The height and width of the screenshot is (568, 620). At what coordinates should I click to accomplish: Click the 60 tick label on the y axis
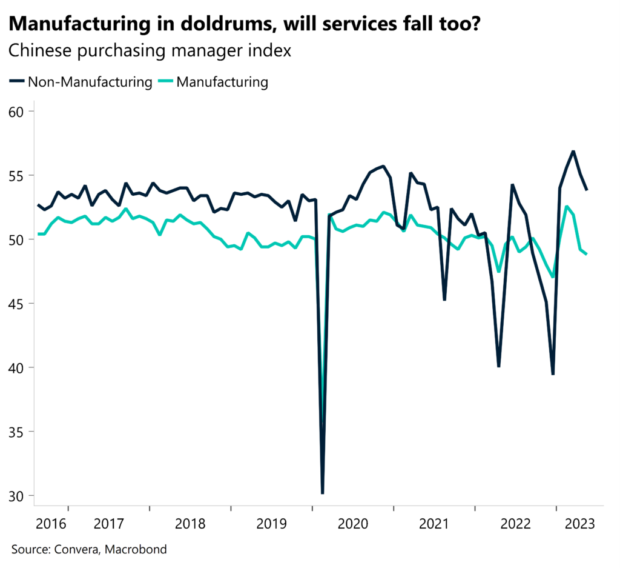(x=18, y=112)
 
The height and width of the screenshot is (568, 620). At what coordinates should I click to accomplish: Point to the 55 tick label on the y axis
(x=18, y=176)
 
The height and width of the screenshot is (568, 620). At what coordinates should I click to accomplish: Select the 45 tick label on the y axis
(x=18, y=304)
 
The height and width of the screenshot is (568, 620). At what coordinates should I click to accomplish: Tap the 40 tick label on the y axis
(x=18, y=368)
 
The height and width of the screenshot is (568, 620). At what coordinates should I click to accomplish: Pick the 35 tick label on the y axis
(x=18, y=432)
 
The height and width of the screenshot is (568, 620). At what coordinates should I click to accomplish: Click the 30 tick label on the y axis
(x=18, y=496)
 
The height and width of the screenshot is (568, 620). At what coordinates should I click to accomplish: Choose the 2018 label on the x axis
(x=190, y=523)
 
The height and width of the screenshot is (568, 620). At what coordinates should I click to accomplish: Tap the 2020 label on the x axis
(x=353, y=523)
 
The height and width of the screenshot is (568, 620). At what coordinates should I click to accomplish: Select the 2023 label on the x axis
(x=579, y=523)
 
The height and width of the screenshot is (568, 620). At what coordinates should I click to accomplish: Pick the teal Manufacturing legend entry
(x=222, y=82)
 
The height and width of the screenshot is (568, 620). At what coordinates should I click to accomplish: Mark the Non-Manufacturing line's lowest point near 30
(x=323, y=493)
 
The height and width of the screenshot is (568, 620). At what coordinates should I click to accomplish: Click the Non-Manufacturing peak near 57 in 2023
(x=573, y=152)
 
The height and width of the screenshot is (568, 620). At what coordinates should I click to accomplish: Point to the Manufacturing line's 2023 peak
(x=567, y=207)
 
